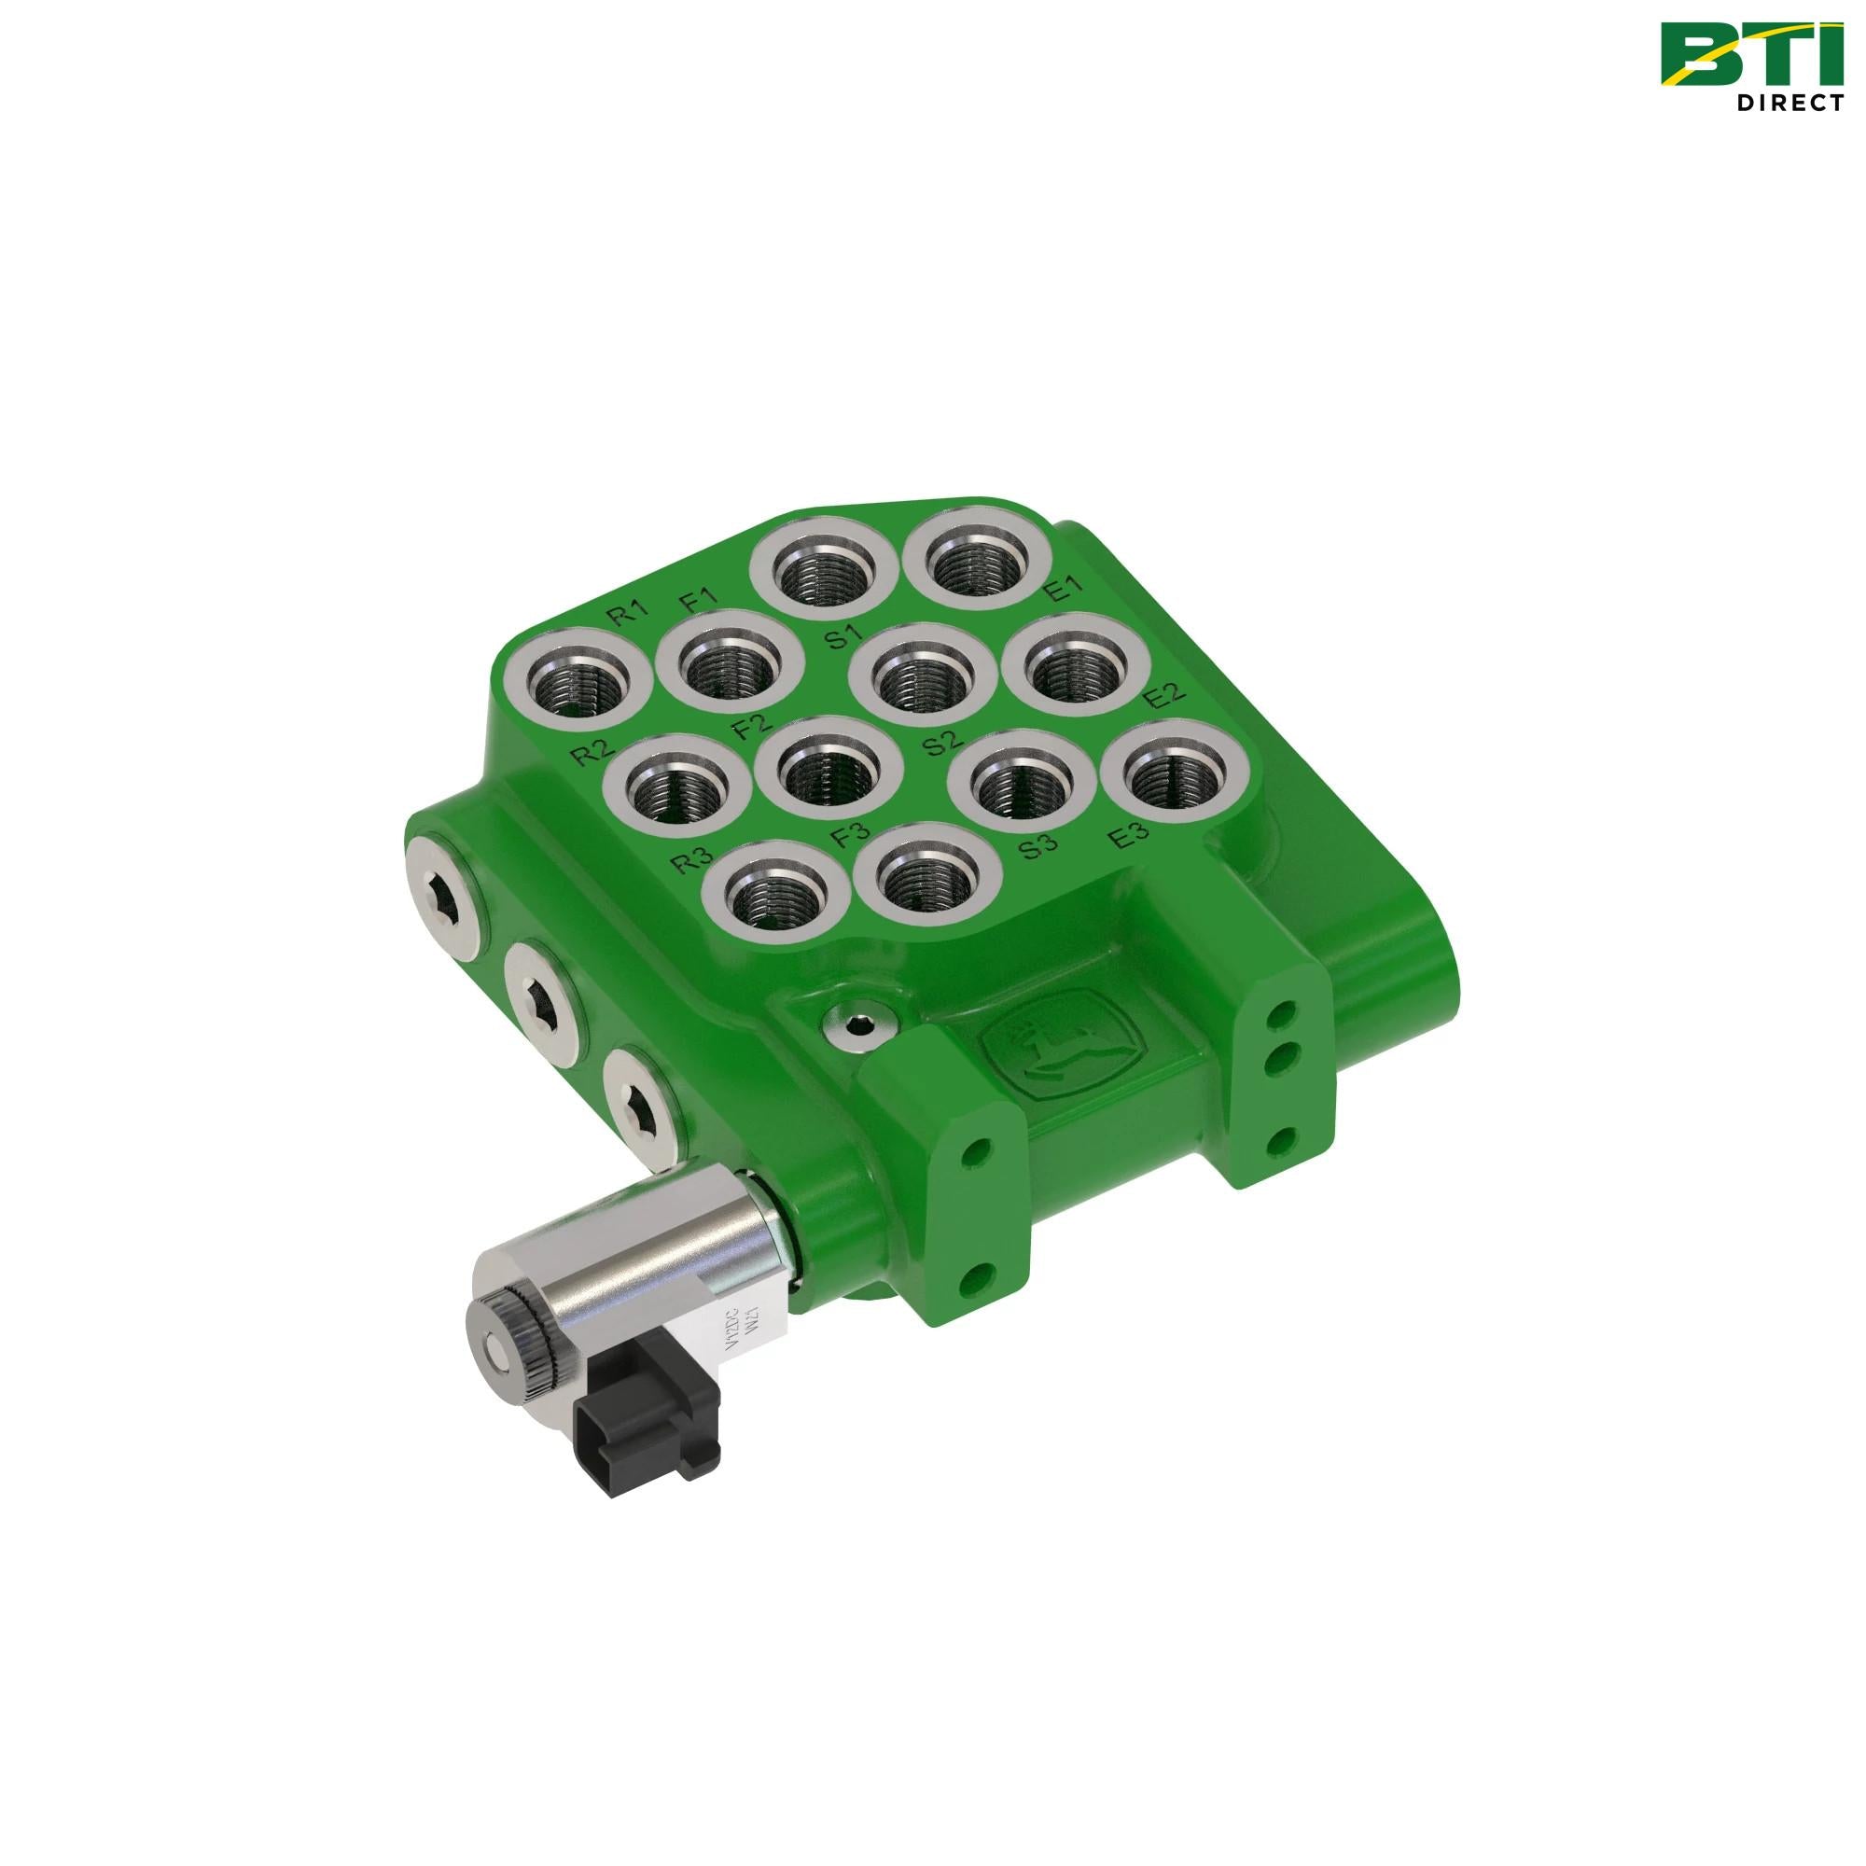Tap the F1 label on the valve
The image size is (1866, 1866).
698,602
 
